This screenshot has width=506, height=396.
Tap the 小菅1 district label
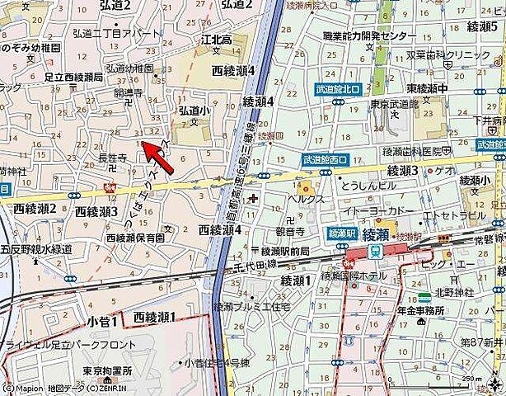[105, 317]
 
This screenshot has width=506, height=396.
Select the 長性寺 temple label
[112, 158]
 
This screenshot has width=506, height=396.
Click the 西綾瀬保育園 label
[134, 238]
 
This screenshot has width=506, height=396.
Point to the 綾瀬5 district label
[481, 27]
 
